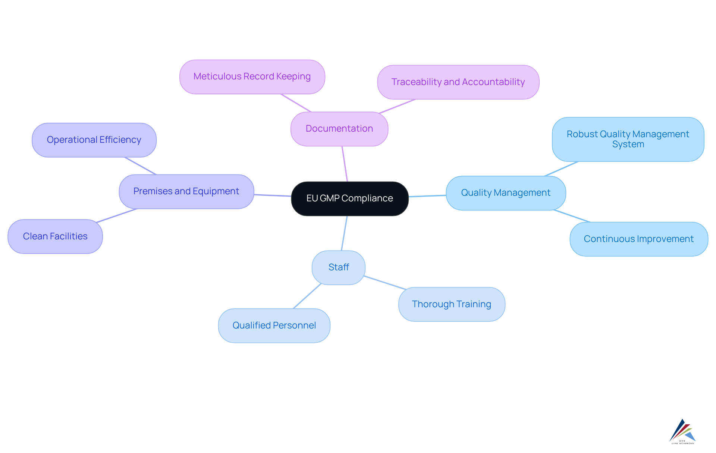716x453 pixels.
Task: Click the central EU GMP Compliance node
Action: click(x=349, y=198)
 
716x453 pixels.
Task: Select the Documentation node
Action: click(x=339, y=129)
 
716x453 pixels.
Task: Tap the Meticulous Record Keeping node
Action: click(x=252, y=76)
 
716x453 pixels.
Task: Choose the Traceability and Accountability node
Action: click(x=458, y=82)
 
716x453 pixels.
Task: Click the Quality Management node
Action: click(x=506, y=193)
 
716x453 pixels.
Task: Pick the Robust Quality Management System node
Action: click(x=628, y=139)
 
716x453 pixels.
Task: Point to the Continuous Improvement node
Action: click(x=638, y=239)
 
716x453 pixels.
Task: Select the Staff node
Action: click(x=339, y=267)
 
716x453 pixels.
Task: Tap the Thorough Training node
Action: click(x=451, y=304)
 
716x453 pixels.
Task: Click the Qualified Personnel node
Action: click(x=274, y=325)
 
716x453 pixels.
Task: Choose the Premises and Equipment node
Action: click(x=186, y=191)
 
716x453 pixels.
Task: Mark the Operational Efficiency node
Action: click(x=94, y=140)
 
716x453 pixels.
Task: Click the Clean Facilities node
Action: click(x=55, y=236)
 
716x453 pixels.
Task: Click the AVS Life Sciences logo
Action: click(x=682, y=431)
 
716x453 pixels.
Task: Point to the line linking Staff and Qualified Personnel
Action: click(x=307, y=296)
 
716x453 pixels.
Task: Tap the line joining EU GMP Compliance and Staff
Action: click(x=344, y=233)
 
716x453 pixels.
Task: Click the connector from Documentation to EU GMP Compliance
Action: click(x=345, y=164)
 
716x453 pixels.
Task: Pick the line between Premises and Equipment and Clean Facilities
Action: click(x=117, y=216)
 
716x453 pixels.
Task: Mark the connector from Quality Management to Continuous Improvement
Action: click(x=572, y=216)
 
